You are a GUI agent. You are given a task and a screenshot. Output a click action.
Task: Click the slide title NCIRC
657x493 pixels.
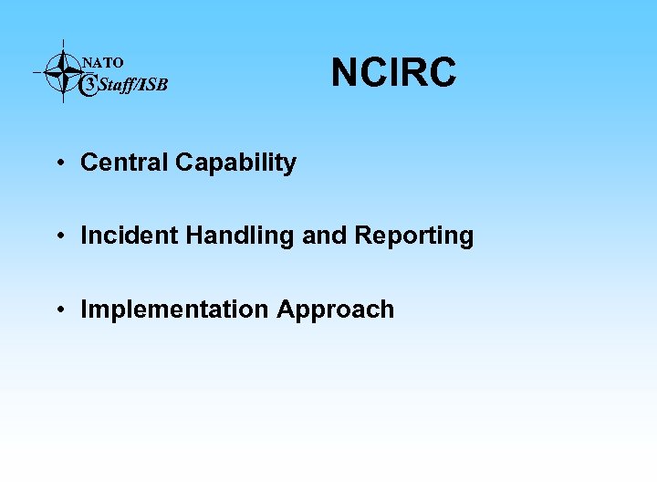point(393,72)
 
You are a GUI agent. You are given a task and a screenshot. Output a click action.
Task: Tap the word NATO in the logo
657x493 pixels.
point(103,63)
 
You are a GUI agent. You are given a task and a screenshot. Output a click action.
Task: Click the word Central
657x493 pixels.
point(124,163)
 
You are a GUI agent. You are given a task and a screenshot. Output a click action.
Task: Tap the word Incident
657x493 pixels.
point(130,236)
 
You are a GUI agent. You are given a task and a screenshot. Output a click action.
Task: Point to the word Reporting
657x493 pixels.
point(414,236)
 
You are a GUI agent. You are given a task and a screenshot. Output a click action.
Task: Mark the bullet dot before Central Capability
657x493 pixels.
point(58,163)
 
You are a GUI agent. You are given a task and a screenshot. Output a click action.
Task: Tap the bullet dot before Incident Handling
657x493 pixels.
point(58,236)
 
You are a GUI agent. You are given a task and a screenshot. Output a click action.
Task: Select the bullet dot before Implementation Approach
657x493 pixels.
point(58,309)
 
